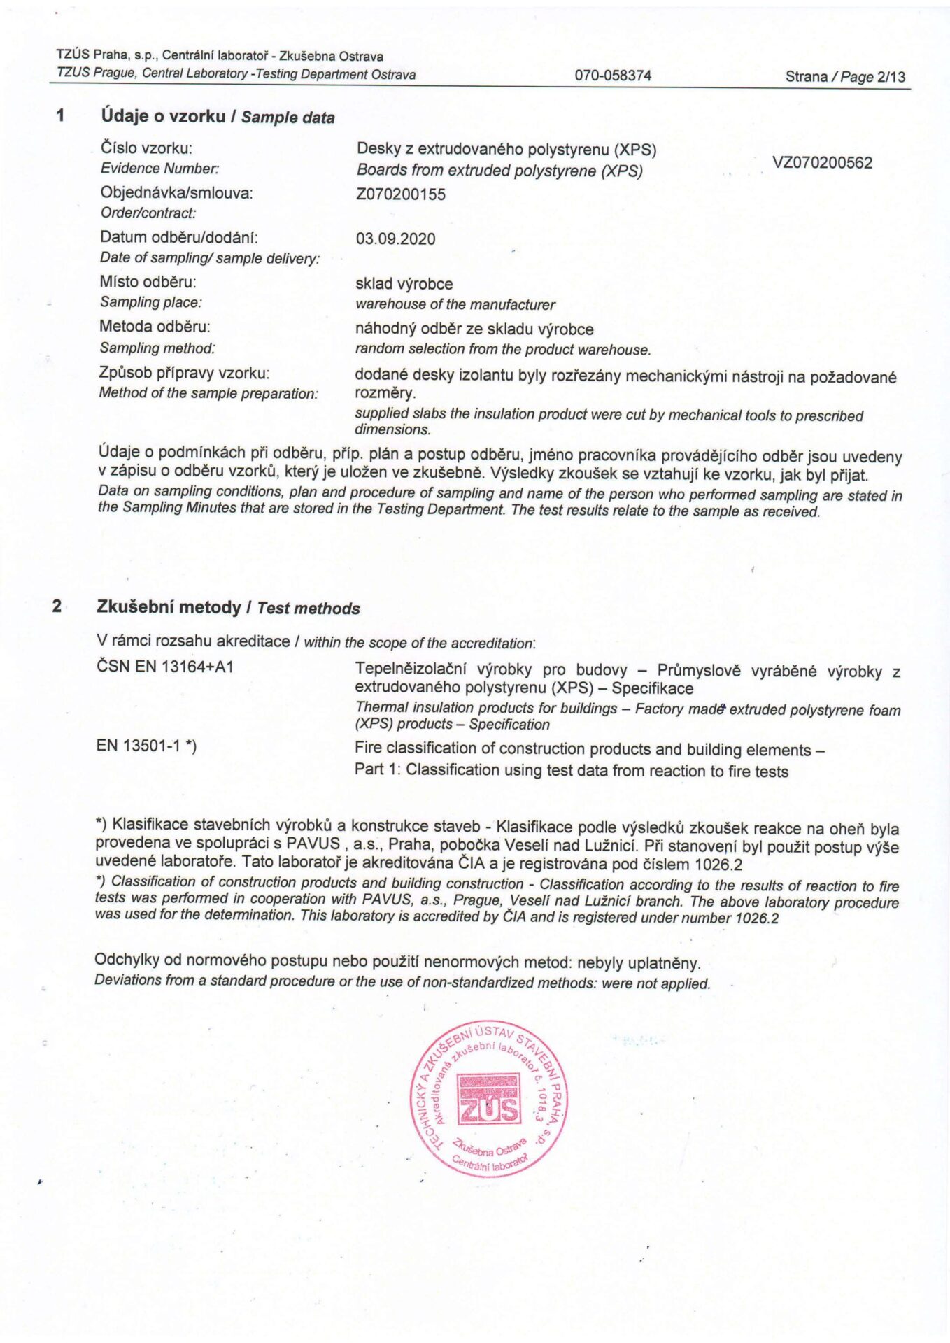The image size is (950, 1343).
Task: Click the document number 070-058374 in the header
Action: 613,76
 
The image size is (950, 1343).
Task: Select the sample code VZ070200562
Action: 822,163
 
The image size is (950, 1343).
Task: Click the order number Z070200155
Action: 400,194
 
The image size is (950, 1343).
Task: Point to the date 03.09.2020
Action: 395,239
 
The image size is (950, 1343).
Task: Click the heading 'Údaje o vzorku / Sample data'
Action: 218,116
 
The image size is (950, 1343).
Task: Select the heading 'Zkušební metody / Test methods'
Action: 228,607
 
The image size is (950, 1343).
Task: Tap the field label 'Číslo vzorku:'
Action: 146,148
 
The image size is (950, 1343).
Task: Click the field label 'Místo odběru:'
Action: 148,282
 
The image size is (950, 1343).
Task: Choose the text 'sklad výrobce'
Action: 404,284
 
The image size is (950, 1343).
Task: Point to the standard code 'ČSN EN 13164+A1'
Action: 165,667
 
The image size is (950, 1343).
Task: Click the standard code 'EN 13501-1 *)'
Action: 146,746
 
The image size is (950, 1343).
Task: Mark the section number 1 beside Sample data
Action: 61,115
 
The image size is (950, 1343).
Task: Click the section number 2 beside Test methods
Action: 57,606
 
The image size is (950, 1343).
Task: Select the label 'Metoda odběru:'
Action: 155,327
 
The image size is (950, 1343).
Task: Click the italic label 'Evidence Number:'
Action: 159,169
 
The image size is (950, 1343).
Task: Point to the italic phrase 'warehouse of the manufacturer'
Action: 455,305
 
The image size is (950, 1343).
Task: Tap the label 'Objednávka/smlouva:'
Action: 176,193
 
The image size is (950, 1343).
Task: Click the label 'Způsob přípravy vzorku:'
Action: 184,373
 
